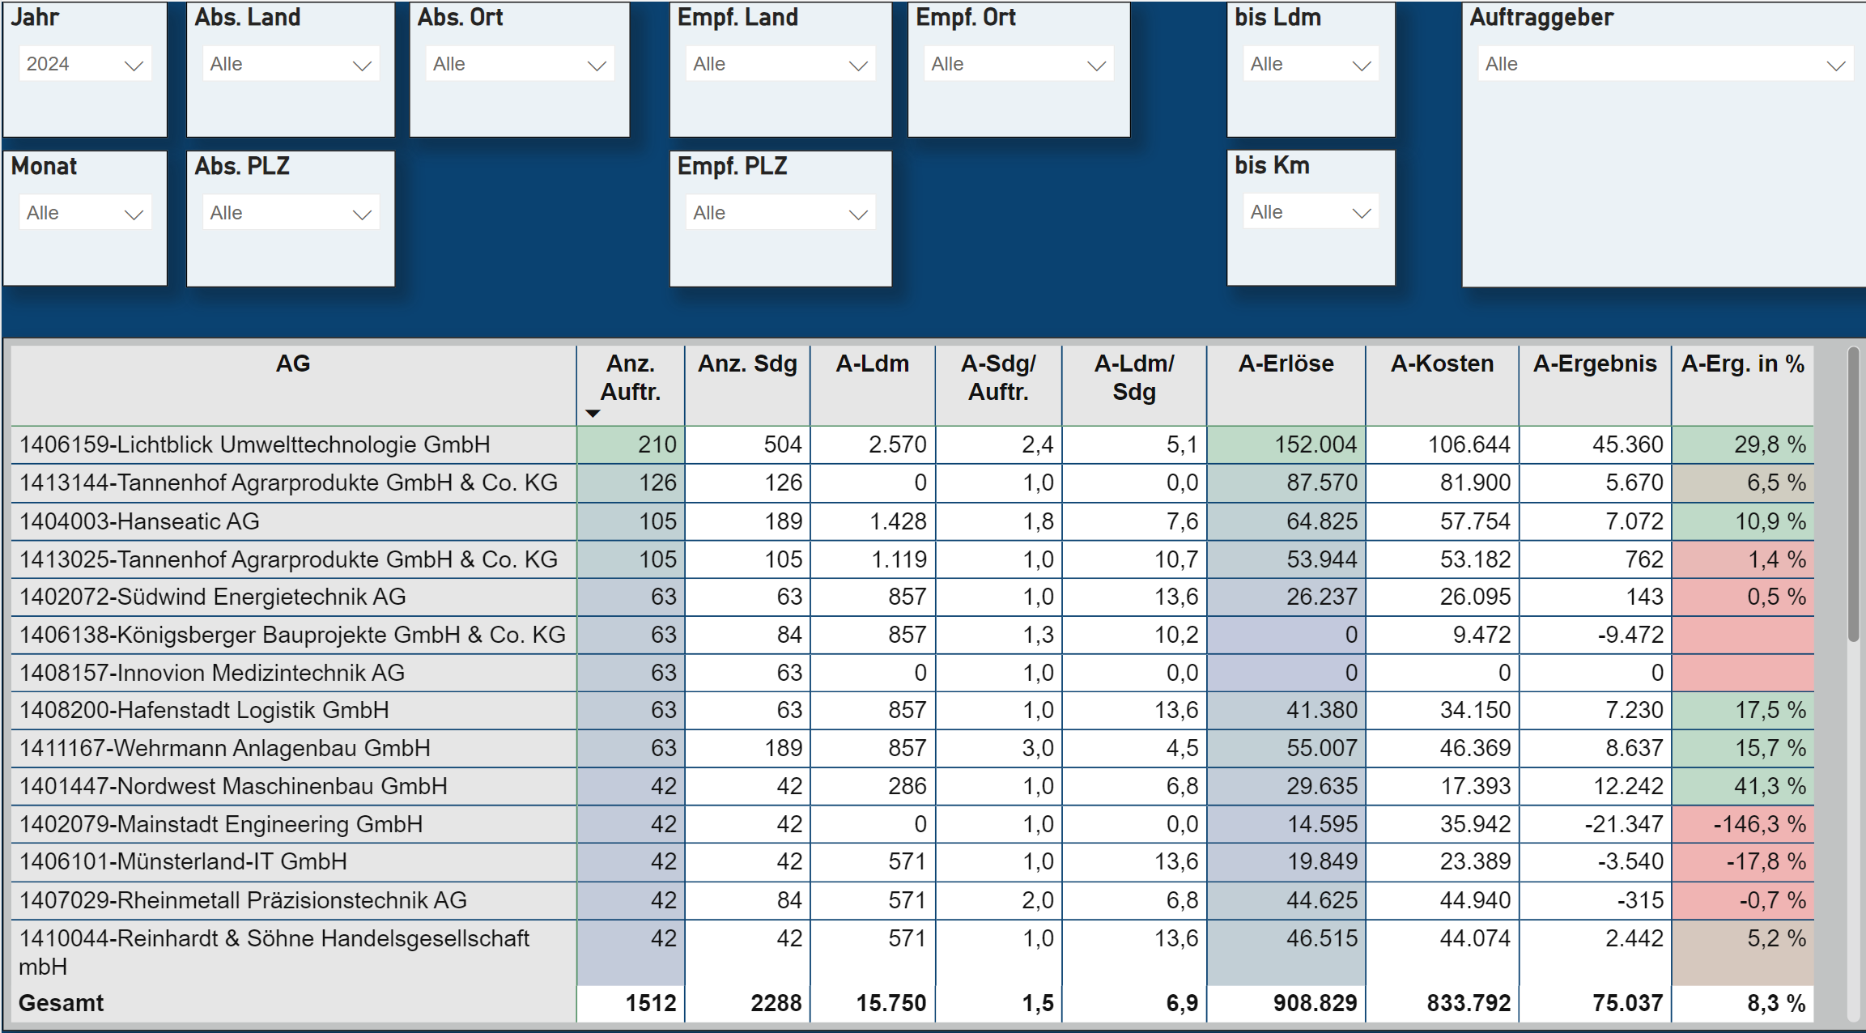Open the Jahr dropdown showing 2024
[84, 65]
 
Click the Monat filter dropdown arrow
[134, 215]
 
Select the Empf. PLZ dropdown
[780, 214]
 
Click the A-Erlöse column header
[1286, 364]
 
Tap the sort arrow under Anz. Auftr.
[593, 414]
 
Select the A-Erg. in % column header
[1742, 364]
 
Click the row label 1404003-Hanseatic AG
[139, 521]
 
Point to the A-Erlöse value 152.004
[1315, 444]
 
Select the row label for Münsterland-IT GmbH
[183, 861]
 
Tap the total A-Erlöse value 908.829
[1315, 1003]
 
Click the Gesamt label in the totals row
[62, 1003]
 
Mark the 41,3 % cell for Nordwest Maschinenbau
[1769, 786]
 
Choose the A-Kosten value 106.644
[1469, 444]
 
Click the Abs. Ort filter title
[460, 18]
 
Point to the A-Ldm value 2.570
[897, 444]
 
